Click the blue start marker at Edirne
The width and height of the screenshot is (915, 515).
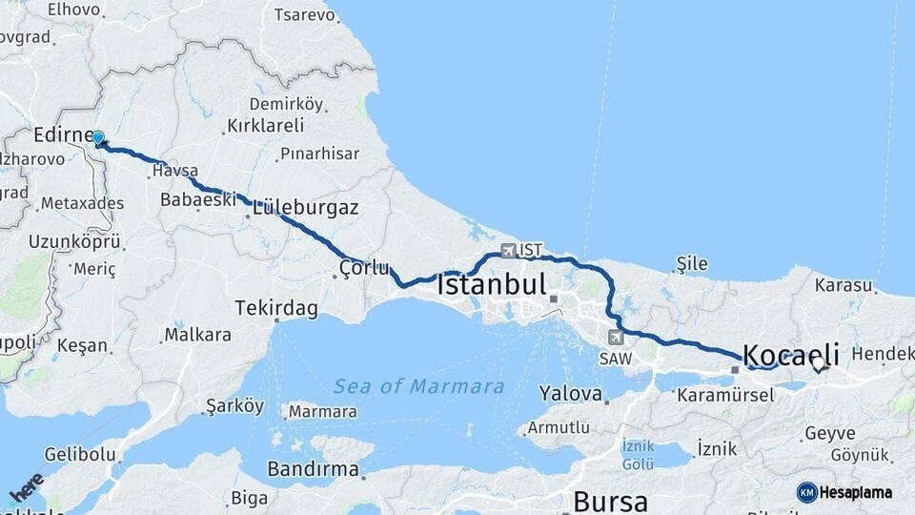pos(97,138)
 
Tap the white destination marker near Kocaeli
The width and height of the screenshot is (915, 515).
pos(818,363)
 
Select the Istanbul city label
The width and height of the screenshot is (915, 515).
pos(492,284)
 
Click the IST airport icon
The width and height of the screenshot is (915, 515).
pos(508,250)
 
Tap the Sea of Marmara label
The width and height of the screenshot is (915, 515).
pos(418,386)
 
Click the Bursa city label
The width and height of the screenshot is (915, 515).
pos(610,501)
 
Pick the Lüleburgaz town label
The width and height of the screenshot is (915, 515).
pos(306,207)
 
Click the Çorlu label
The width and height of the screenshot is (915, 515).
pos(365,268)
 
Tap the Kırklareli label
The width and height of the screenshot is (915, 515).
pos(266,126)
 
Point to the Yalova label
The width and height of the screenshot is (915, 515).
pos(570,393)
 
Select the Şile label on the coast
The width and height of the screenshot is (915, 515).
pos(693,262)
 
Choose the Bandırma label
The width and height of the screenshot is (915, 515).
pos(313,469)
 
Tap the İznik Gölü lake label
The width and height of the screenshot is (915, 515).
pos(638,453)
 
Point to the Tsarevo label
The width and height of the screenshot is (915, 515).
pos(304,14)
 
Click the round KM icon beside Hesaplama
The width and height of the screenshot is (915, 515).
pos(806,492)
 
